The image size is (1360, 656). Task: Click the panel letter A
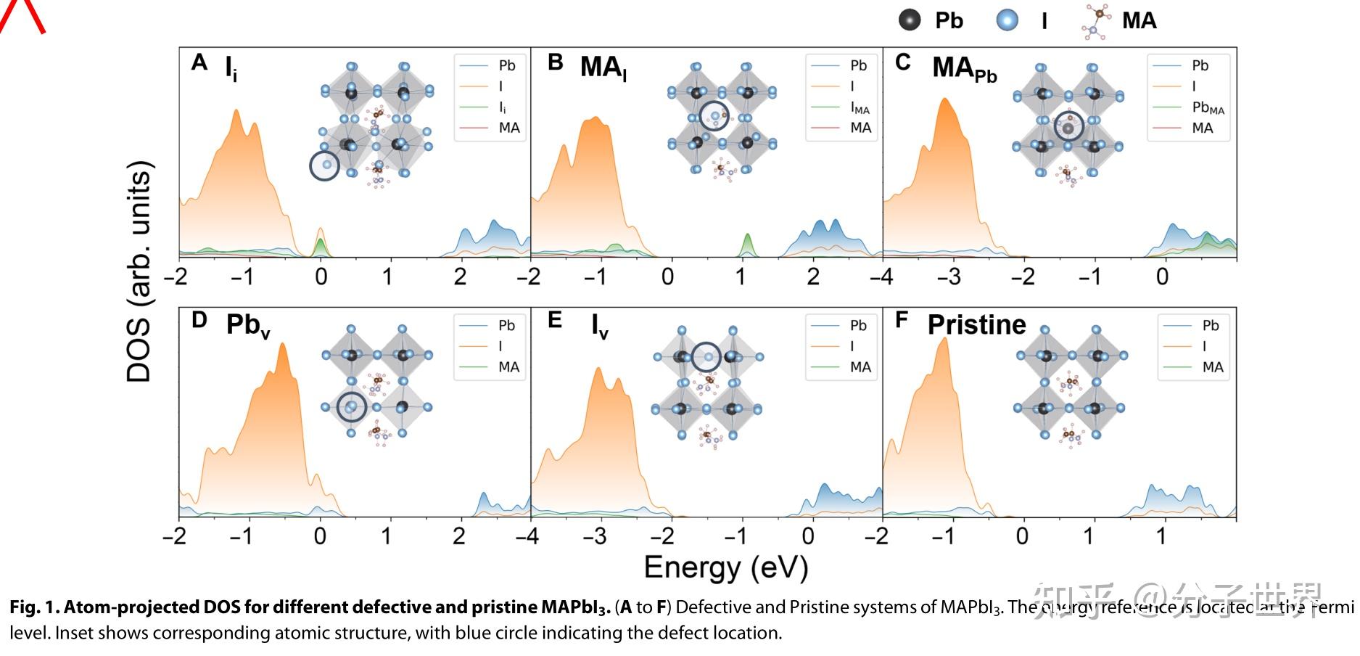point(199,63)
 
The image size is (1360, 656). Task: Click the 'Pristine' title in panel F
point(976,324)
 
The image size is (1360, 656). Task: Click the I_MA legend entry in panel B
point(860,107)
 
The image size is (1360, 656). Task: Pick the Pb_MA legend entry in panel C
point(1208,107)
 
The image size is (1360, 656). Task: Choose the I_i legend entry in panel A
point(503,107)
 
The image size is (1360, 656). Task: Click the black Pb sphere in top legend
point(909,20)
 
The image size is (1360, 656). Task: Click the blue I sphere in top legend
point(1007,20)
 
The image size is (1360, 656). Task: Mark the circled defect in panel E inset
point(706,356)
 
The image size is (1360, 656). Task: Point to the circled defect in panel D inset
point(352,407)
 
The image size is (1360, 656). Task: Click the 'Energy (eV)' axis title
point(725,567)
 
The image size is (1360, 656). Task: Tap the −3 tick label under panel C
point(949,276)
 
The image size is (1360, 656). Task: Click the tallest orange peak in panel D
point(282,347)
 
